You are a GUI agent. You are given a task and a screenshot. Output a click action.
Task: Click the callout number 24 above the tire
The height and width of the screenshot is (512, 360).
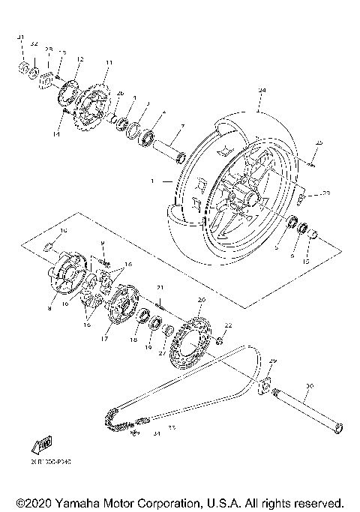tap(261, 90)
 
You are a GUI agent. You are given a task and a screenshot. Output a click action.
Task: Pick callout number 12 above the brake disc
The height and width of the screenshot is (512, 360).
tap(79, 59)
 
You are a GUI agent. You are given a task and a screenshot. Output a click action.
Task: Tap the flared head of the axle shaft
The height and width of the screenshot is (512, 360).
tap(336, 427)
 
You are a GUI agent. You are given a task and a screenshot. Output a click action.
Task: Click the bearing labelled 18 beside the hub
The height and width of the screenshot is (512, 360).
tap(140, 316)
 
